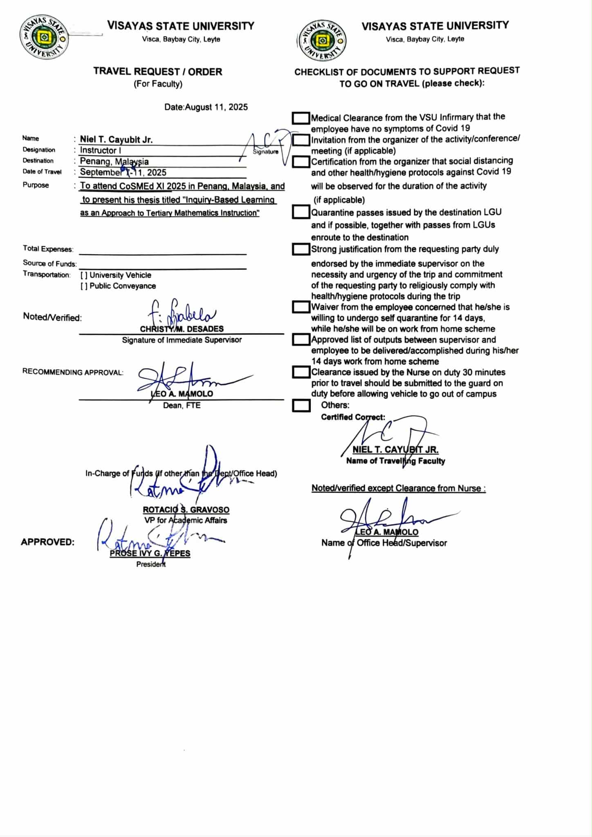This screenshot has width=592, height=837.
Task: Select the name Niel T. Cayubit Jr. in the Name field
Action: pyautogui.click(x=116, y=139)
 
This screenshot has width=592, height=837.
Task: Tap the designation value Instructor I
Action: pyautogui.click(x=100, y=150)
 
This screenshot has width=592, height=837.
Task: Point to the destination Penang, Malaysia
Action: pyautogui.click(x=114, y=162)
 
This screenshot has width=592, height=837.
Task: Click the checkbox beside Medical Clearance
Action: pyautogui.click(x=301, y=118)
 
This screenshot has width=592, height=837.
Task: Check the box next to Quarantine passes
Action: pyautogui.click(x=301, y=212)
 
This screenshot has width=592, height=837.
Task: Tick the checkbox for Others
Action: pyautogui.click(x=301, y=406)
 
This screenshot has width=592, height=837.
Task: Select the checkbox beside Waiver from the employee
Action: pyautogui.click(x=301, y=307)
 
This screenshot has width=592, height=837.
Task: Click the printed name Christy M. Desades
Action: pyautogui.click(x=182, y=329)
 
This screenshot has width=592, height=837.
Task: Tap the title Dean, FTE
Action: pyautogui.click(x=182, y=406)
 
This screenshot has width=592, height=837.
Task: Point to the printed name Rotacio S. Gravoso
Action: pyautogui.click(x=186, y=510)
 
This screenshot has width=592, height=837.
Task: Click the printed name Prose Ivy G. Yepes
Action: pyautogui.click(x=150, y=554)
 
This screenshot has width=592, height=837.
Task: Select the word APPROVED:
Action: pyautogui.click(x=47, y=542)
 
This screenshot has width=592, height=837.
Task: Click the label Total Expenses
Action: pyautogui.click(x=48, y=249)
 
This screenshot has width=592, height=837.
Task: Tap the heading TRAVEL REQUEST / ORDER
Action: pyautogui.click(x=158, y=72)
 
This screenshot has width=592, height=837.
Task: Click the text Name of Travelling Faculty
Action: pyautogui.click(x=395, y=461)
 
